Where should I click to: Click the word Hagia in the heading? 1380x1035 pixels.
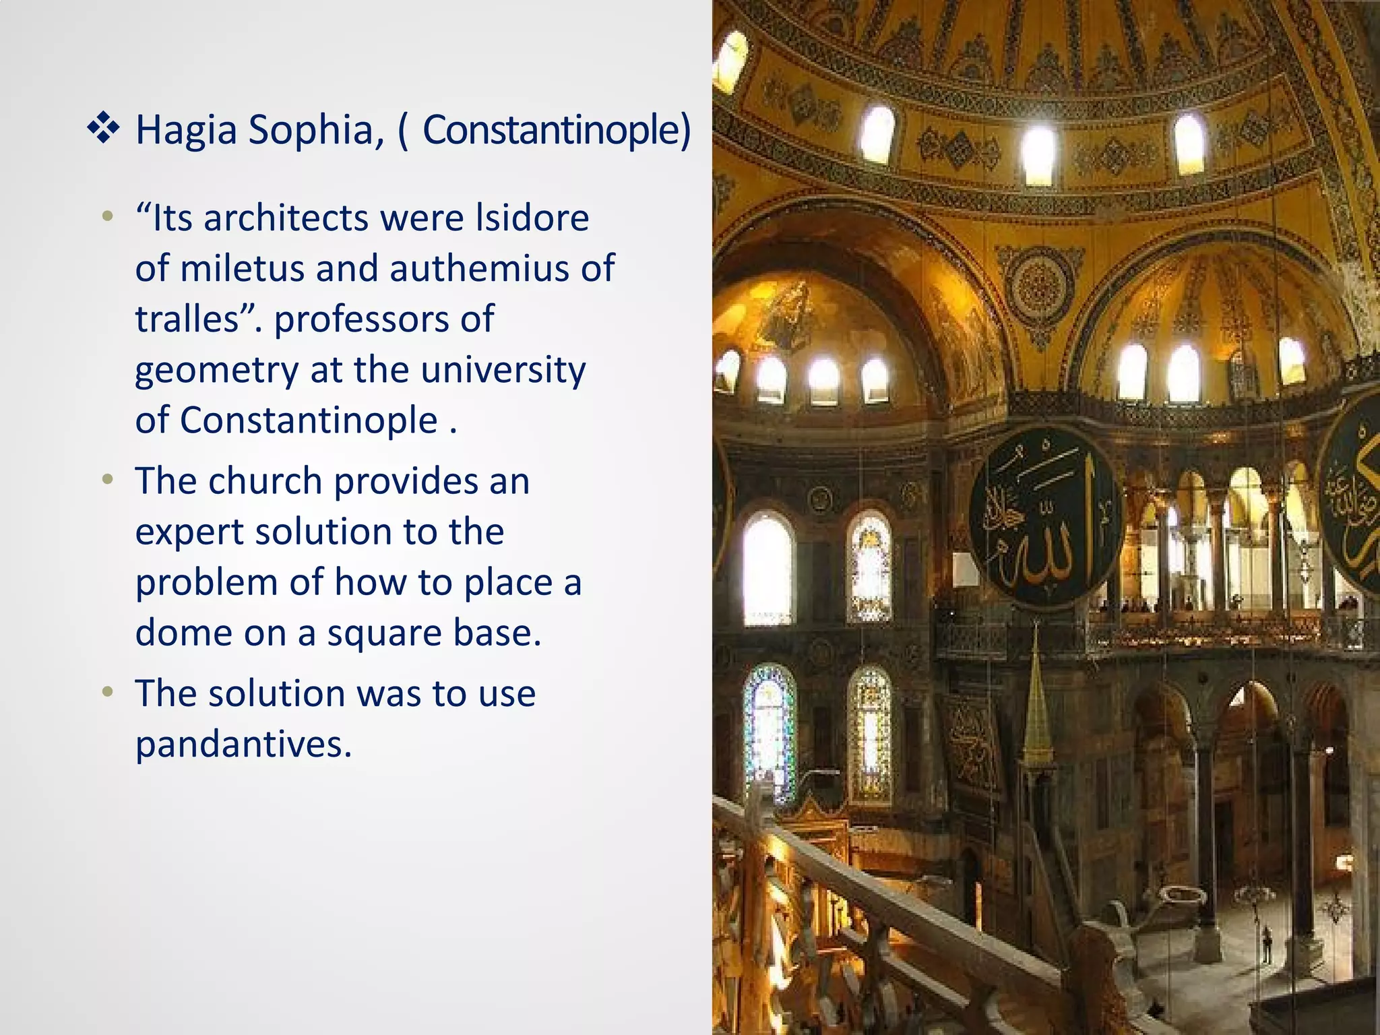pyautogui.click(x=186, y=130)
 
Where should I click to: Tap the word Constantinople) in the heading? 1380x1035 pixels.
pyautogui.click(x=557, y=130)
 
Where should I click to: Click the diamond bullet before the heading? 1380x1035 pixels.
pyautogui.click(x=103, y=128)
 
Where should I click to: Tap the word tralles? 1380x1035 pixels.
pyautogui.click(x=187, y=319)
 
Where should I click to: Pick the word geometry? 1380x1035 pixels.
pyautogui.click(x=216, y=371)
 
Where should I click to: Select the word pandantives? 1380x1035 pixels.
pyautogui.click(x=243, y=745)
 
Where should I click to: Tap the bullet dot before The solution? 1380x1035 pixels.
pyautogui.click(x=107, y=692)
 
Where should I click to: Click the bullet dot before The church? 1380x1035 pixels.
pyautogui.click(x=107, y=480)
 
